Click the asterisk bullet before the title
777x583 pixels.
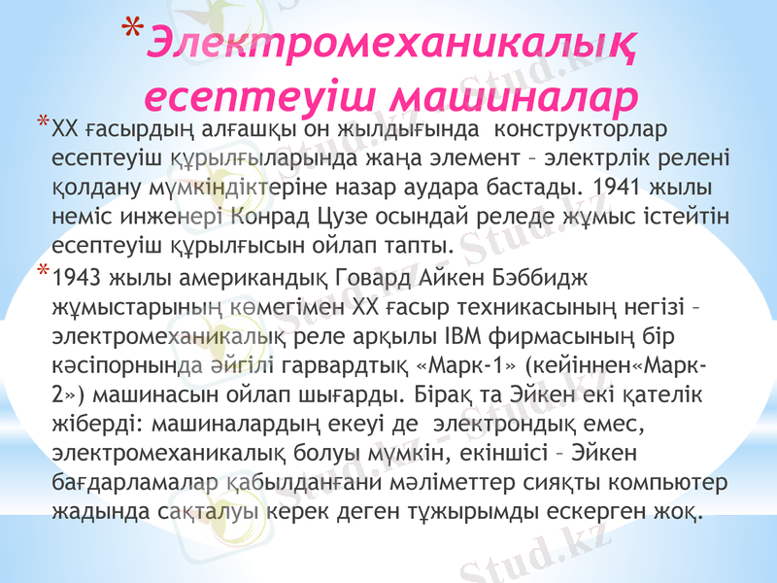click(x=137, y=30)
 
